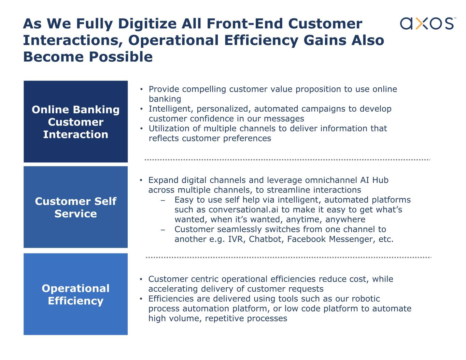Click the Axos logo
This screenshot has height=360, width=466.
point(427,23)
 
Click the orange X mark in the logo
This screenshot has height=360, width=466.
point(422,23)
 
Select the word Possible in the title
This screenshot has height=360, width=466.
point(121,57)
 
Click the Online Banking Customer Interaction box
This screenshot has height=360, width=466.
point(75,121)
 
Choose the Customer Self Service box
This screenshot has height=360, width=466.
point(75,207)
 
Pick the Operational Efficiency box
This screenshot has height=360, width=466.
point(75,294)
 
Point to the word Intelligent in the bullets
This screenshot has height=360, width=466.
point(171,109)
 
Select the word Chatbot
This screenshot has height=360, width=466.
point(266,239)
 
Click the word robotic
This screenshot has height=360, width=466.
point(366,299)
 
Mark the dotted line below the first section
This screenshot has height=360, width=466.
point(287,160)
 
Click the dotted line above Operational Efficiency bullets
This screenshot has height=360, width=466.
point(288,257)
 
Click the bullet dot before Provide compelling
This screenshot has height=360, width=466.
point(141,89)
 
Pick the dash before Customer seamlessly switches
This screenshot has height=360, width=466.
point(163,230)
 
